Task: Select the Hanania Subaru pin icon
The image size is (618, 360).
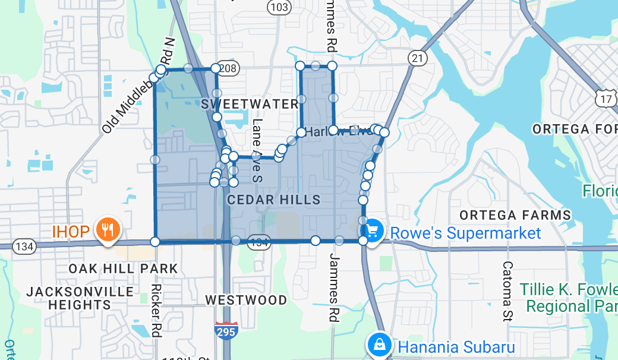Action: [378, 345]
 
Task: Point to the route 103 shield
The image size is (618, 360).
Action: [279, 7]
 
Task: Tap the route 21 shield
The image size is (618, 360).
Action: [418, 58]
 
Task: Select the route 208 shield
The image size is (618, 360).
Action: [228, 69]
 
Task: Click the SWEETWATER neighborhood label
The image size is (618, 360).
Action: [250, 104]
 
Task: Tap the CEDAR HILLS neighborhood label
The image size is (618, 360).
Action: [274, 200]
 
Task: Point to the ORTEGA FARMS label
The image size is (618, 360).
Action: [515, 215]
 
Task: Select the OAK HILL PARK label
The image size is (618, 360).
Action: [123, 269]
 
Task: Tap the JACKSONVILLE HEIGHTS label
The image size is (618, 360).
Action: [80, 298]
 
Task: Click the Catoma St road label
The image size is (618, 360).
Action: [507, 290]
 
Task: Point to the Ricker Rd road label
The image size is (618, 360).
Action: [156, 310]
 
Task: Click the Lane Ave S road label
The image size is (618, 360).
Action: [257, 149]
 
